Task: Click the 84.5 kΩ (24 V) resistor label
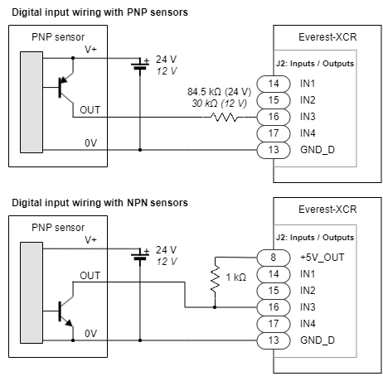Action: click(x=219, y=92)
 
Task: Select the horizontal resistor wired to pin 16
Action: click(x=224, y=118)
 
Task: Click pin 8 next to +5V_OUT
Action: click(x=274, y=258)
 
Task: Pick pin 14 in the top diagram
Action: click(x=274, y=84)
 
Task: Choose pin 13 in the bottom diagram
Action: click(x=274, y=340)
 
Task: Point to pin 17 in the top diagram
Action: click(x=274, y=133)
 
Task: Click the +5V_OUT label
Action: click(x=322, y=258)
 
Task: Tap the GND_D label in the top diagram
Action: click(x=318, y=150)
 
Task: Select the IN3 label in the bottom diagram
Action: click(x=308, y=307)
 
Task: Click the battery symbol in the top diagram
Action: click(x=140, y=65)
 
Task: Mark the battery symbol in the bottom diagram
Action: click(x=140, y=256)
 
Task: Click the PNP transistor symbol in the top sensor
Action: click(x=66, y=88)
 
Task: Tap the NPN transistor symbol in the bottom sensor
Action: click(x=66, y=311)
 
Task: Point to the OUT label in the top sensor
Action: click(x=90, y=110)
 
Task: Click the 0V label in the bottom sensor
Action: click(x=90, y=334)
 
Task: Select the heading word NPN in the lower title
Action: click(x=137, y=203)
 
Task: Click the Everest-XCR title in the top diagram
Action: click(x=327, y=37)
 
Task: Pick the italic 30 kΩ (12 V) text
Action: click(x=219, y=104)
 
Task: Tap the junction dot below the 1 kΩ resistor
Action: click(x=215, y=307)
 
